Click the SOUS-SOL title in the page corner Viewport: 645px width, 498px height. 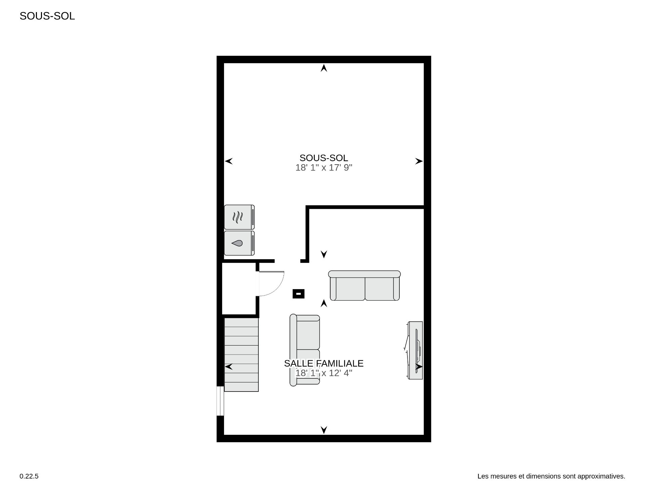click(47, 16)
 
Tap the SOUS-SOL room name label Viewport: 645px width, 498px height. click(324, 158)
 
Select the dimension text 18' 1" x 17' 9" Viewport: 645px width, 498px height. click(324, 168)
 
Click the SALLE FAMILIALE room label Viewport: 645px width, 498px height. click(324, 363)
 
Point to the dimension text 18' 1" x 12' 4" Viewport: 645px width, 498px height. click(324, 373)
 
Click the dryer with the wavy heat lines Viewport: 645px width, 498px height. click(239, 217)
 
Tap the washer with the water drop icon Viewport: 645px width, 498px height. click(239, 243)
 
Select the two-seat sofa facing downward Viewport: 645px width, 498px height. click(364, 286)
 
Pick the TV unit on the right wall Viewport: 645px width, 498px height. click(415, 350)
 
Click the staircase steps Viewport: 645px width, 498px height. click(241, 354)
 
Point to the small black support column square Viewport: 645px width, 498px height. click(298, 294)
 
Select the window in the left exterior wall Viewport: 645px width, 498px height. click(220, 401)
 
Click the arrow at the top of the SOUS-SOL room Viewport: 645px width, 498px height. click(324, 68)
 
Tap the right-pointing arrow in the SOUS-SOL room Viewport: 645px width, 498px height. click(419, 161)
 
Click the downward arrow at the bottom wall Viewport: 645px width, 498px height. click(324, 429)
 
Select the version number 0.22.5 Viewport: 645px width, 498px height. click(29, 476)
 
